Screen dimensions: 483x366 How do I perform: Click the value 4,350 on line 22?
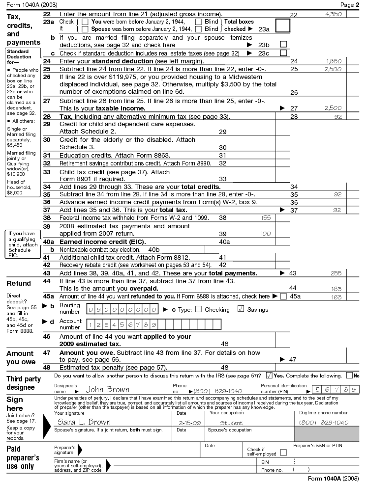click(x=333, y=15)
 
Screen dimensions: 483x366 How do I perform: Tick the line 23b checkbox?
click(x=283, y=44)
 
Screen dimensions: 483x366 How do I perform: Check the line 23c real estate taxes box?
click(x=283, y=53)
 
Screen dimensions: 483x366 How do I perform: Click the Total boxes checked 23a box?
click(x=283, y=26)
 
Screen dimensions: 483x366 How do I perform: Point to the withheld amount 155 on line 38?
click(x=266, y=217)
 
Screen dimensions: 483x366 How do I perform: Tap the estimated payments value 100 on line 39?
click(x=266, y=234)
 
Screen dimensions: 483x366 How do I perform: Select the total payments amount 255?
click(x=336, y=273)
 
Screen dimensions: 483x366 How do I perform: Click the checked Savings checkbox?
click(x=241, y=309)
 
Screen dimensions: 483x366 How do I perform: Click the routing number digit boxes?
click(x=122, y=310)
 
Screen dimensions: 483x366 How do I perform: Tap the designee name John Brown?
click(x=107, y=390)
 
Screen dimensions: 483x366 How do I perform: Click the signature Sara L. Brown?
click(x=85, y=422)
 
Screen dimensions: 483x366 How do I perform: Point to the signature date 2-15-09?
click(x=189, y=422)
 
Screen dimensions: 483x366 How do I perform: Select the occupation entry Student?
click(x=231, y=422)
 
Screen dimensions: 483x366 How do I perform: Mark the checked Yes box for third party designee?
click(x=269, y=376)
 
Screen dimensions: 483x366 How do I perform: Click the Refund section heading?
click(x=19, y=283)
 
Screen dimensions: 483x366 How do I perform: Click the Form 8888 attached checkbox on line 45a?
click(x=283, y=296)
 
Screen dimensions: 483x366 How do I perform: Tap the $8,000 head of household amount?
click(x=13, y=193)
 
